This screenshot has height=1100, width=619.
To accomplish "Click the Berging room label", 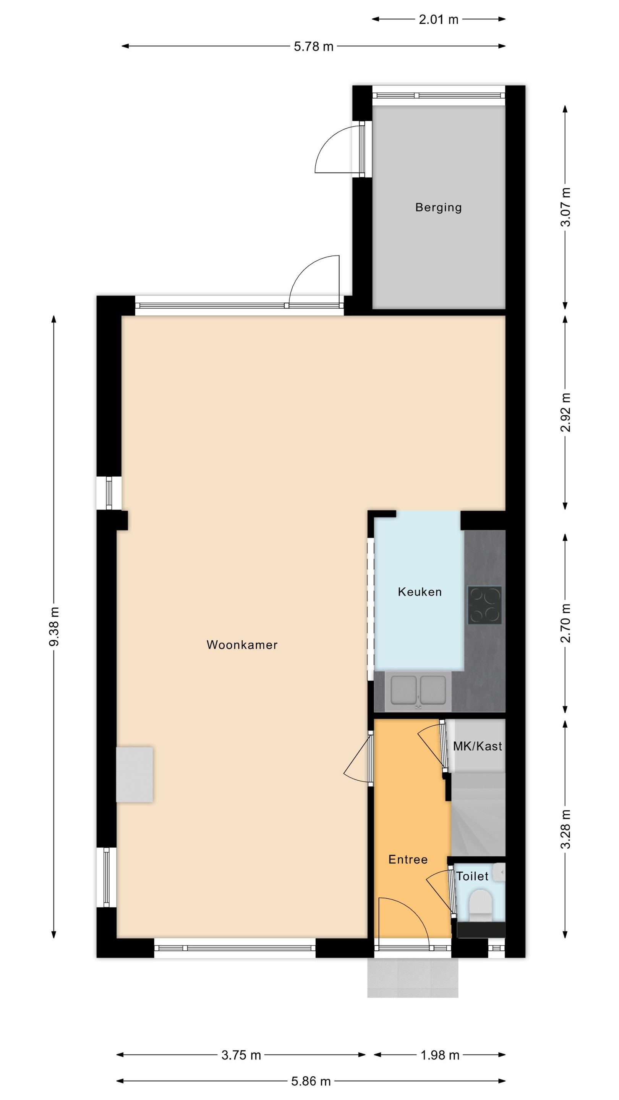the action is (438, 207).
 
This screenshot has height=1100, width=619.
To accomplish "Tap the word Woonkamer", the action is (242, 645).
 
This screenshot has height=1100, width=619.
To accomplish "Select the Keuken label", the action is (420, 592).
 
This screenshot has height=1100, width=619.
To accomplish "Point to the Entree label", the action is (408, 860).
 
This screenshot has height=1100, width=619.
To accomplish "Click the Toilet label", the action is (472, 876).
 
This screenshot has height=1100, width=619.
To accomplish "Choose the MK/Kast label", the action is (478, 746).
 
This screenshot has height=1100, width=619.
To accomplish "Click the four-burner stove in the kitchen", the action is (485, 605).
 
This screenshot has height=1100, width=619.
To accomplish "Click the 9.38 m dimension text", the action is (54, 626).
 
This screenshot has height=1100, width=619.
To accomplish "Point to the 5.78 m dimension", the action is (314, 46).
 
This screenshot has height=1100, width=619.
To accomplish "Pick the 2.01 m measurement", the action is (438, 19).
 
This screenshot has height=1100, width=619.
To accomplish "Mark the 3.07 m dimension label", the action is (565, 207).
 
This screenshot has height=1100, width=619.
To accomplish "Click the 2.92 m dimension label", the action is (565, 412).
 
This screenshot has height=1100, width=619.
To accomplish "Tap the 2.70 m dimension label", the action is (565, 623).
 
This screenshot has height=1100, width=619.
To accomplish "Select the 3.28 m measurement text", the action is (565, 829).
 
